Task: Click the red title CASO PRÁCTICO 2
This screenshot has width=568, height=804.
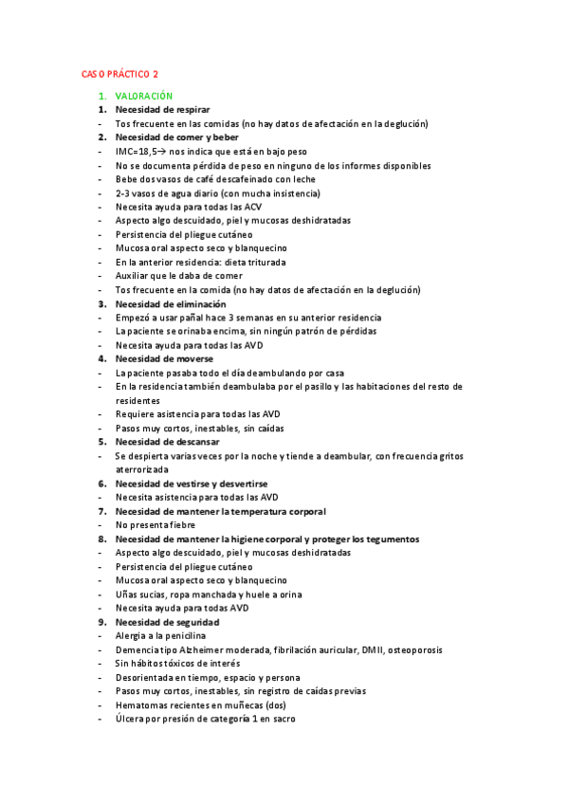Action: pos(119,75)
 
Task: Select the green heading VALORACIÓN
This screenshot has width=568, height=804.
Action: pos(144,97)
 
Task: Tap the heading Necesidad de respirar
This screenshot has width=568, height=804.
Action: pos(162,110)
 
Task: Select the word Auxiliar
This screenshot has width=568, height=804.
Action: pos(132,276)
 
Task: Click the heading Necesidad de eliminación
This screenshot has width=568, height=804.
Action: pos(171,303)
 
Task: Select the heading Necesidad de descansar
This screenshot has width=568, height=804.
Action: pos(167,441)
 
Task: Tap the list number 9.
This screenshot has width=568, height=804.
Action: pos(102,621)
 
